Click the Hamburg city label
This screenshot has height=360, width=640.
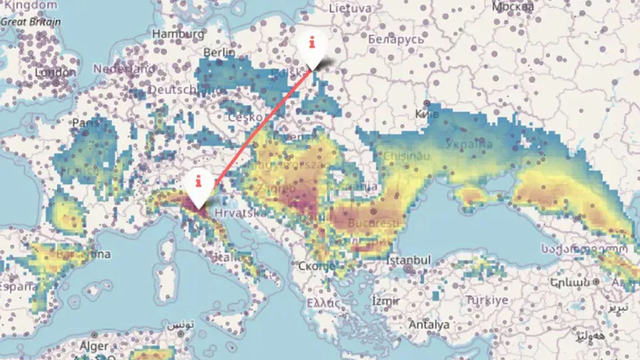(x=178, y=34)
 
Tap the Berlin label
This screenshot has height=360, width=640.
(x=219, y=52)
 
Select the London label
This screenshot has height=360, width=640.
(x=56, y=73)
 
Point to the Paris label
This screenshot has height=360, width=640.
(x=85, y=123)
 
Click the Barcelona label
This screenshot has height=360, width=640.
(x=83, y=254)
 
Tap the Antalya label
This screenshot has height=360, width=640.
(x=429, y=324)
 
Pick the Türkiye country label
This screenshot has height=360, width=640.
(x=487, y=300)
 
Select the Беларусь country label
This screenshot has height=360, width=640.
(x=396, y=39)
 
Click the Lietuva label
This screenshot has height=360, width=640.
(x=350, y=8)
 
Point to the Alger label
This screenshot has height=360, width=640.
(x=94, y=346)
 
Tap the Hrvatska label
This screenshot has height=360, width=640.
(x=241, y=213)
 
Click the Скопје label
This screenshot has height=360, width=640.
(x=316, y=266)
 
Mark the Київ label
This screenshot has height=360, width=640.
(x=427, y=114)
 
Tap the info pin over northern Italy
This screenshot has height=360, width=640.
(x=199, y=185)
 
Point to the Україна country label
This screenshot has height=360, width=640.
(x=469, y=144)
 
